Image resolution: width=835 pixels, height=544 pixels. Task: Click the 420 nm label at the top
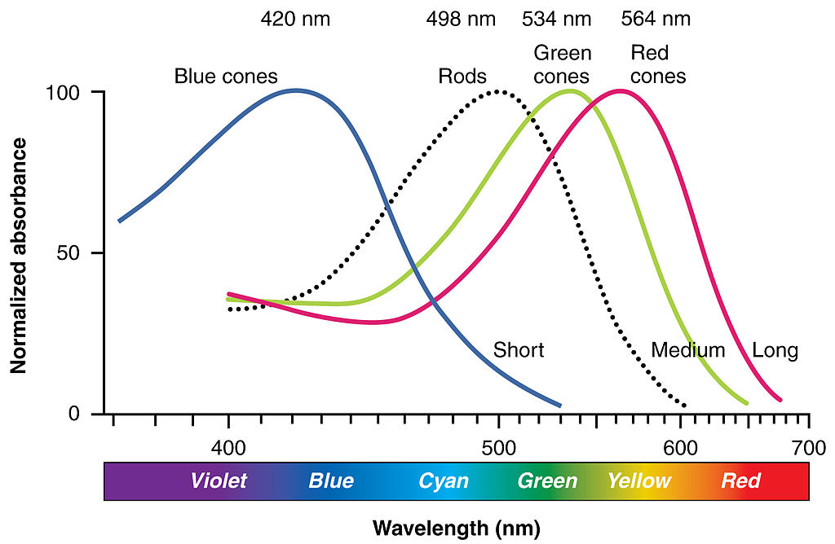295,19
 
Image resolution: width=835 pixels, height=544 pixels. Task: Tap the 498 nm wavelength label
461,19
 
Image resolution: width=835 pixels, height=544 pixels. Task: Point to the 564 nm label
656,19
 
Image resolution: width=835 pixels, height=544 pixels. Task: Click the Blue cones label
226,77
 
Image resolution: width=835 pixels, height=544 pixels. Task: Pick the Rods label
462,77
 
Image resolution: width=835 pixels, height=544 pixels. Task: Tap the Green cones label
563,65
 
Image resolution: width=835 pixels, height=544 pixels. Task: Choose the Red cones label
658,65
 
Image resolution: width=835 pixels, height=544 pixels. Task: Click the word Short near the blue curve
519,351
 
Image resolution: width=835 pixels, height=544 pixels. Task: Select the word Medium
688,351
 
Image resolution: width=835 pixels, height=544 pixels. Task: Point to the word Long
775,351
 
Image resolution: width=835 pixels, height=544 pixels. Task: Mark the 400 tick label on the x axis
228,447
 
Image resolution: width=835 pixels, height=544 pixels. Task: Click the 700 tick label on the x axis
808,447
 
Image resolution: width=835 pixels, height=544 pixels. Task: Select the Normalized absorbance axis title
19,255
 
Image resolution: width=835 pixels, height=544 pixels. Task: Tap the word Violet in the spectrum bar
219,480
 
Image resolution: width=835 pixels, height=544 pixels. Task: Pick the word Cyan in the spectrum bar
444,480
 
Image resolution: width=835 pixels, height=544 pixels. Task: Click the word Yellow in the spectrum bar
639,480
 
